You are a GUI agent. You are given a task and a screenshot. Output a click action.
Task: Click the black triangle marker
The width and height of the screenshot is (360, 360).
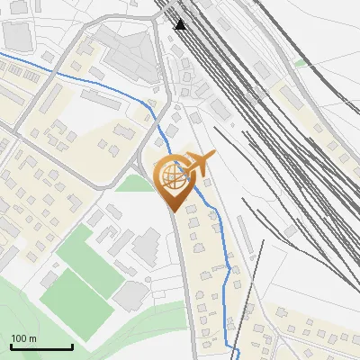[x=181, y=23]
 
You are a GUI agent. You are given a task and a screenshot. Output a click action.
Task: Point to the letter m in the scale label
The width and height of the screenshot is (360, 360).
[x=33, y=338]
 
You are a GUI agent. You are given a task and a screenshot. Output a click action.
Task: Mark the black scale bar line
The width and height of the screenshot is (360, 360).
[x=41, y=346]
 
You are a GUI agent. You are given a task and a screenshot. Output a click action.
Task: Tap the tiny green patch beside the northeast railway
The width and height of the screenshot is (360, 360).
[x=301, y=64]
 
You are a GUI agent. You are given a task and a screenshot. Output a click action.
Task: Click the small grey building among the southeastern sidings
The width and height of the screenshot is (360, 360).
[x=290, y=233]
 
